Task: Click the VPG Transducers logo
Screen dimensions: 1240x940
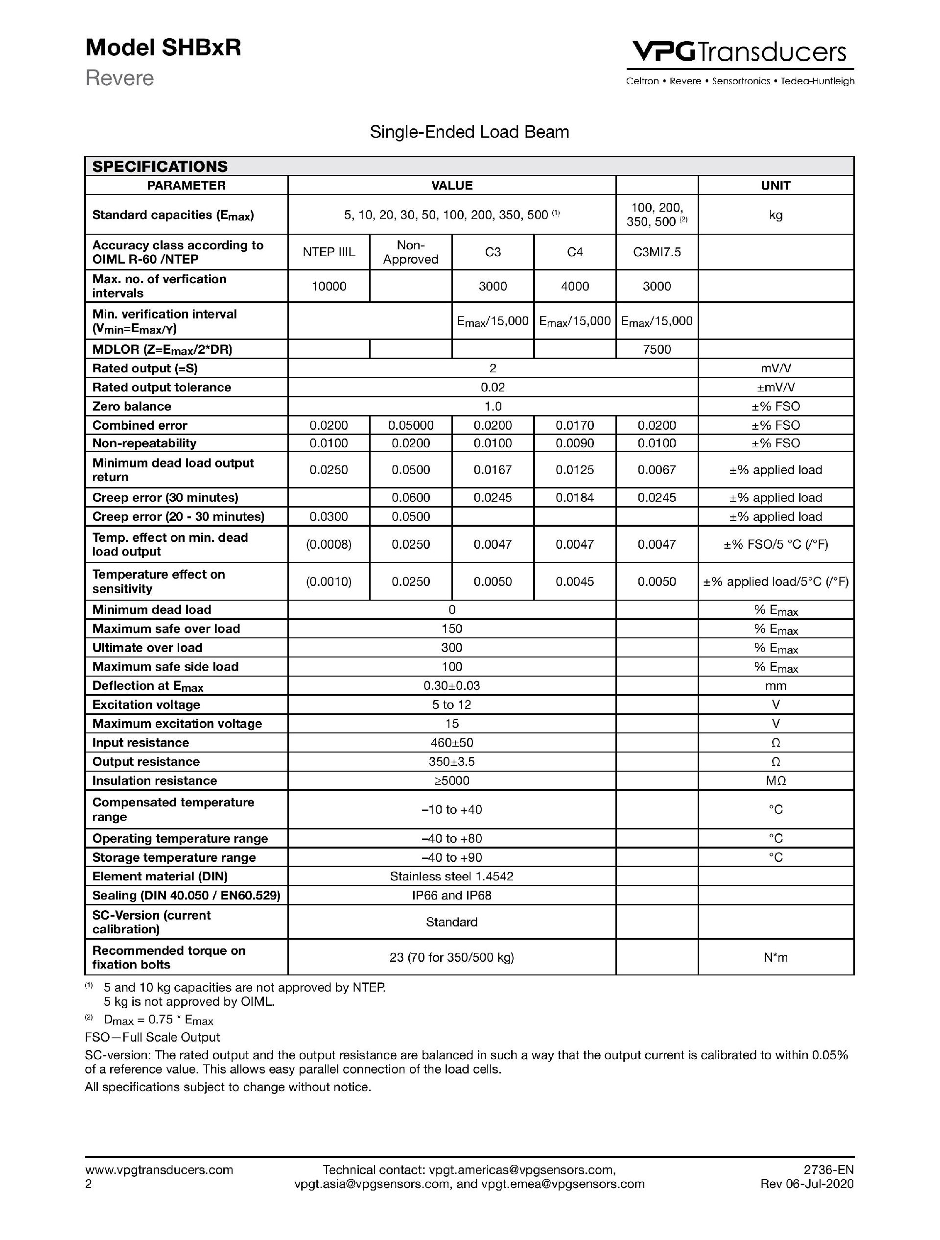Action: (739, 53)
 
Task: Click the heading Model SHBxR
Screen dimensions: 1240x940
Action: (163, 48)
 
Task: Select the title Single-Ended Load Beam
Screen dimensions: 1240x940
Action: (470, 132)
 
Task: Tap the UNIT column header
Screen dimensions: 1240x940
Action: (775, 186)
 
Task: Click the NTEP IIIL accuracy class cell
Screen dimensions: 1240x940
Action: (329, 252)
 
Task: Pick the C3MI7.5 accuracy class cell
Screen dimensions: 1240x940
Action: (657, 252)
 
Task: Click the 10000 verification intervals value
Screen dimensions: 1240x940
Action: (329, 287)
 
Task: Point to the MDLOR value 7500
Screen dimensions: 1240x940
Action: (657, 349)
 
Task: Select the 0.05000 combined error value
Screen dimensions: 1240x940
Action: (411, 425)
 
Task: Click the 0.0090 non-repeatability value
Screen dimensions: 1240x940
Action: (575, 443)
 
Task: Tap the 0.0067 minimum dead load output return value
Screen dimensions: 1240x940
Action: (657, 470)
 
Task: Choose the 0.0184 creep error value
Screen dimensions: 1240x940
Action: (575, 498)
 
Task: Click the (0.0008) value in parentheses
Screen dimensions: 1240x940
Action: (329, 544)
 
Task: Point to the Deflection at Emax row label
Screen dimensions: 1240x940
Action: (148, 686)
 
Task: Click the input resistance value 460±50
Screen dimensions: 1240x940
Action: (451, 743)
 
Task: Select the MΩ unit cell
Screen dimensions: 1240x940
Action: (775, 781)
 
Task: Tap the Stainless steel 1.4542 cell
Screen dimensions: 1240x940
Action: (451, 876)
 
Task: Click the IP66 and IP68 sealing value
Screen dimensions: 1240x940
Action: (451, 895)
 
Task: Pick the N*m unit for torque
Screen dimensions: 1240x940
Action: (775, 957)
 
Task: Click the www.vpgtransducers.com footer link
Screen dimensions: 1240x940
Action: (159, 1169)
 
